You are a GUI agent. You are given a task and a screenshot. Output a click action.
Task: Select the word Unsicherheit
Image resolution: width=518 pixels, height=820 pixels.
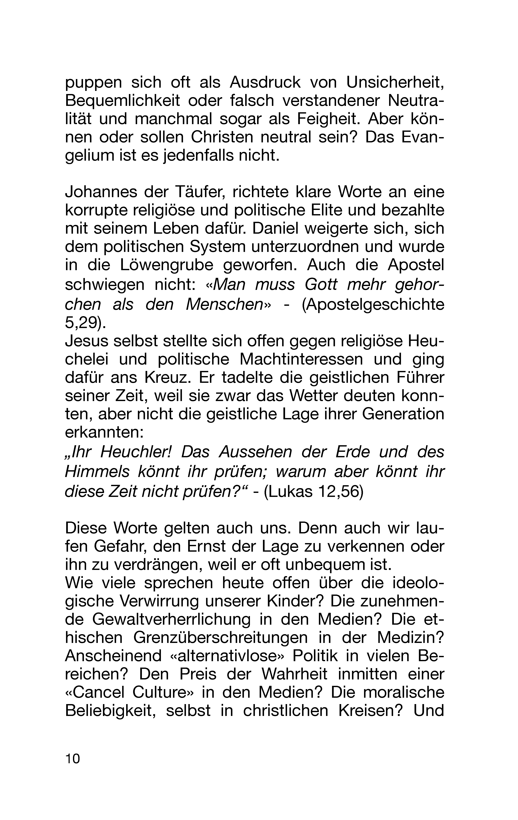coord(395,82)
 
